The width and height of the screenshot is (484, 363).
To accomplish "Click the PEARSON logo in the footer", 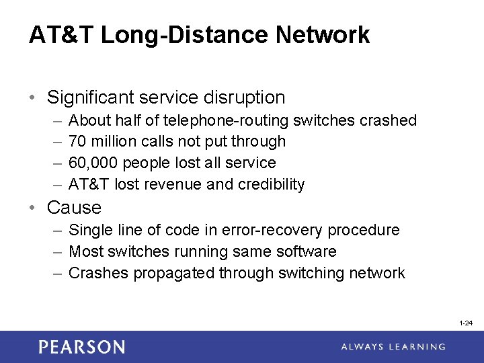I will point(81,347).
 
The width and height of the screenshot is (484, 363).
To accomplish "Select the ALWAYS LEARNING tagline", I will point(393,347).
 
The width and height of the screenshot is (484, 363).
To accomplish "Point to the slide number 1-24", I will point(466,323).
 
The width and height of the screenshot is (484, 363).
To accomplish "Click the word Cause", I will point(74,208).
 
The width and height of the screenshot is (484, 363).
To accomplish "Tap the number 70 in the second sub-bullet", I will point(78,141).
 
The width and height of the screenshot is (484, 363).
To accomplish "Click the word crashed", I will point(389,120).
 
